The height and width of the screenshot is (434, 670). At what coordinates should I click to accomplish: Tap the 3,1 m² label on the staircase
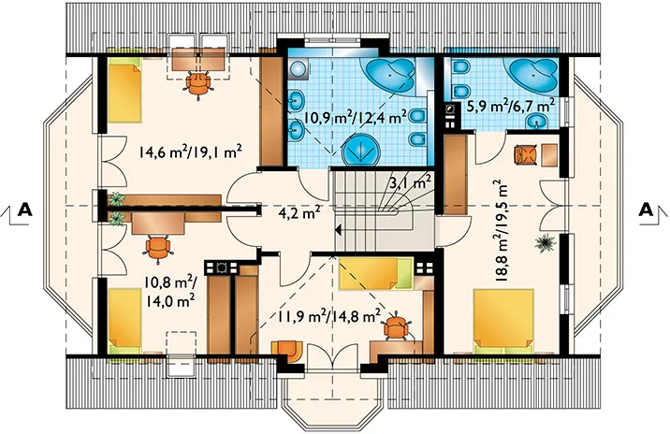tap(410, 182)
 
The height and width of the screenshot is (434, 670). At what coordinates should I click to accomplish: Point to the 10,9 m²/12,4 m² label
tap(355, 118)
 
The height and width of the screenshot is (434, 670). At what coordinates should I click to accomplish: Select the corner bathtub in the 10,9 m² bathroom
tap(387, 75)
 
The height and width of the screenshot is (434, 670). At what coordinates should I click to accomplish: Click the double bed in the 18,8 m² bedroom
tap(503, 318)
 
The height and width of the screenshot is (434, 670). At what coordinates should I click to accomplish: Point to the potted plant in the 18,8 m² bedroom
tap(545, 243)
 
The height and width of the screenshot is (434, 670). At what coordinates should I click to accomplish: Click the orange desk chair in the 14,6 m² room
tap(197, 84)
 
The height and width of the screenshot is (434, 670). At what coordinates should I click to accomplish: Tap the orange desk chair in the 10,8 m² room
tap(158, 249)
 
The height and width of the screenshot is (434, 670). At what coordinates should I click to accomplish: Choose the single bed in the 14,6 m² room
tap(124, 91)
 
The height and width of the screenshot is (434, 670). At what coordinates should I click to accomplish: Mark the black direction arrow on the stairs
tap(338, 231)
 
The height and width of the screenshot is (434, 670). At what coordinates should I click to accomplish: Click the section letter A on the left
tap(25, 210)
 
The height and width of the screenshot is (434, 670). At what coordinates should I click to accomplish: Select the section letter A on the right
tap(647, 210)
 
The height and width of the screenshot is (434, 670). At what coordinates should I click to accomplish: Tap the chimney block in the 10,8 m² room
tap(221, 268)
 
